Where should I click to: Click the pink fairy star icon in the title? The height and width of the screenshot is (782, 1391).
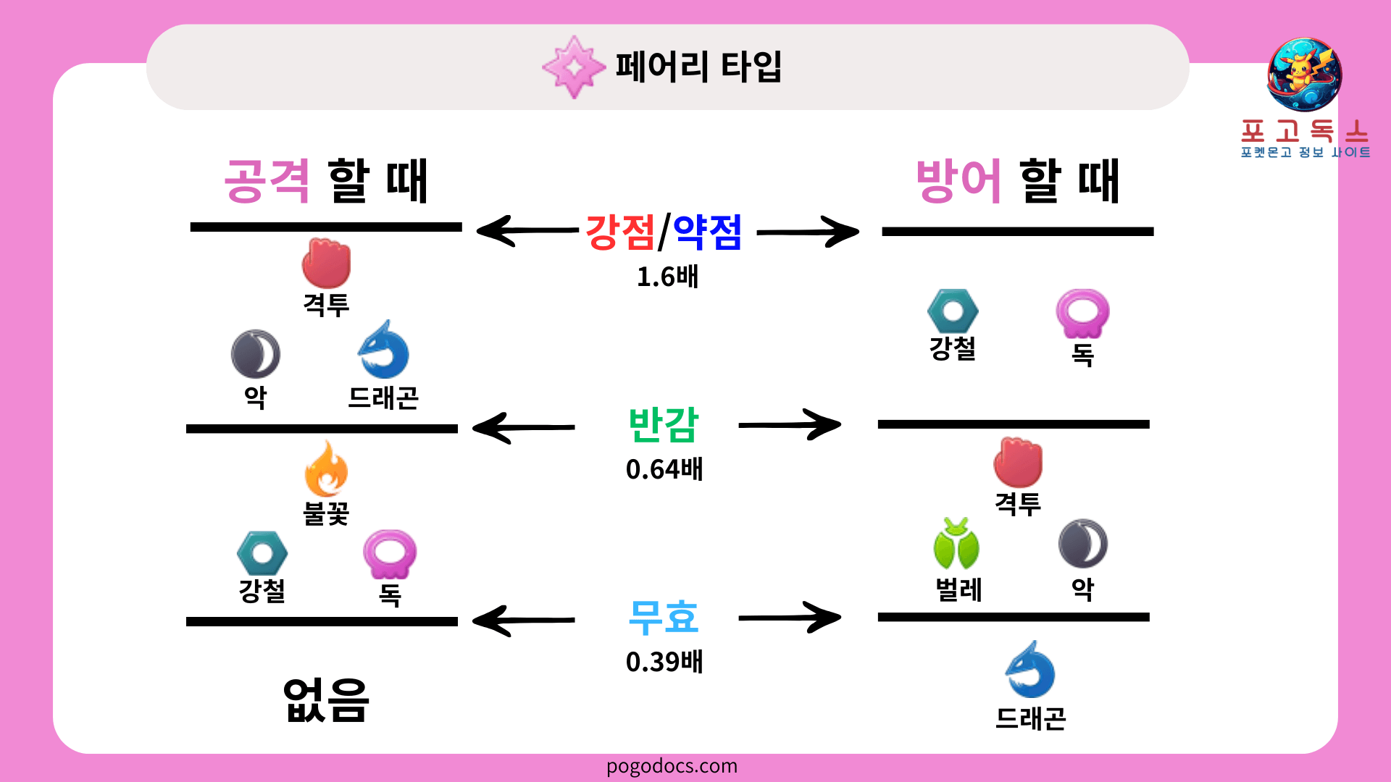pos(574,67)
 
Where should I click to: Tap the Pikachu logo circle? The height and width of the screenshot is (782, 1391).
pos(1304,75)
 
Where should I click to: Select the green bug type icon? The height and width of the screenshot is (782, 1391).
pos(956,544)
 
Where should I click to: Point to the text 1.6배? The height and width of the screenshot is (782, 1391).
pos(667,277)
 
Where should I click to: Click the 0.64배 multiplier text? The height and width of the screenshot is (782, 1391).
pos(664,469)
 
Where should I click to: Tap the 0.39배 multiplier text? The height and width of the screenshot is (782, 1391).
pos(664,662)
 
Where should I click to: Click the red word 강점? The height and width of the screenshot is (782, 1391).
pos(620,232)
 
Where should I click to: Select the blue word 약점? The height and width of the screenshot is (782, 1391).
pos(707,232)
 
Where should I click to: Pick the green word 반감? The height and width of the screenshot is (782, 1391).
pos(664,425)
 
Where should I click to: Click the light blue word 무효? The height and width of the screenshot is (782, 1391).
pos(664,618)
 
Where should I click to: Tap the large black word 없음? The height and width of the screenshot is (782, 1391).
pos(326,700)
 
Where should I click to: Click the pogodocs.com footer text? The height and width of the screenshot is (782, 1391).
pos(672,766)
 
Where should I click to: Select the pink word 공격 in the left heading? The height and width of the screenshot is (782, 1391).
pos(267,181)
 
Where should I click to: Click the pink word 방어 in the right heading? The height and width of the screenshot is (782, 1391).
pos(958,181)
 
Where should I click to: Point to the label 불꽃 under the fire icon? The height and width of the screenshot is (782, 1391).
pos(326,513)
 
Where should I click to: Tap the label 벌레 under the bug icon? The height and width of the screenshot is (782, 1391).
pos(958,589)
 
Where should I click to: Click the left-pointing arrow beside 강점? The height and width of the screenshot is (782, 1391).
pos(527,231)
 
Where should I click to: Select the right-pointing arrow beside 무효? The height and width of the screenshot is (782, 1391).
pos(790,618)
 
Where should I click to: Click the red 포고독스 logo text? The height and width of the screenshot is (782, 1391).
pos(1305,132)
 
